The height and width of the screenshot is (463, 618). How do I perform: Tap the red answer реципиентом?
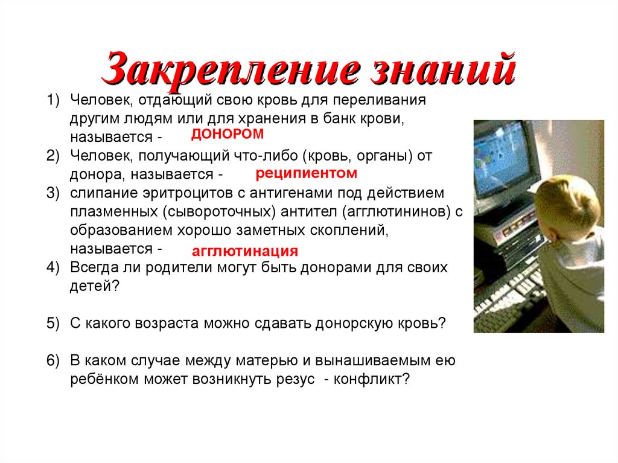307,174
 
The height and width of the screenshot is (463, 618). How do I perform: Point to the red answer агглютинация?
245,251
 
